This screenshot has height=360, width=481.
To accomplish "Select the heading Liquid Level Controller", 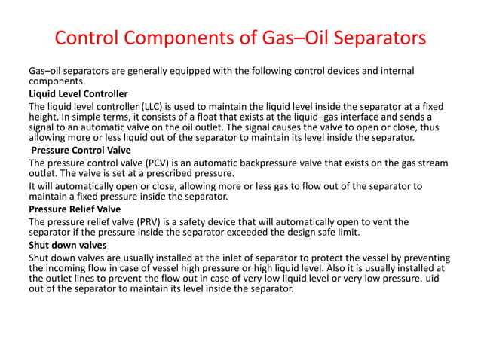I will coord(78,93).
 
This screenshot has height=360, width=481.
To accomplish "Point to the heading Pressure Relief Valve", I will coord(75,209).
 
